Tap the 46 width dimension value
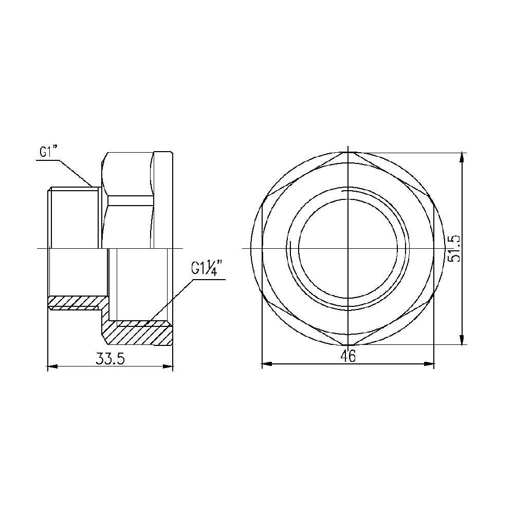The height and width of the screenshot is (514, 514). click(x=348, y=356)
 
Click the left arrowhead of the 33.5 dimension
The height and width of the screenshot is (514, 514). click(x=53, y=366)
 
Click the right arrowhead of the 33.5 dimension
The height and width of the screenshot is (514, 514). click(x=168, y=366)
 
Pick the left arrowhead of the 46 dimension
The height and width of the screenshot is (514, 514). click(x=267, y=363)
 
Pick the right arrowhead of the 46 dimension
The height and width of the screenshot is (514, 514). click(x=429, y=363)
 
